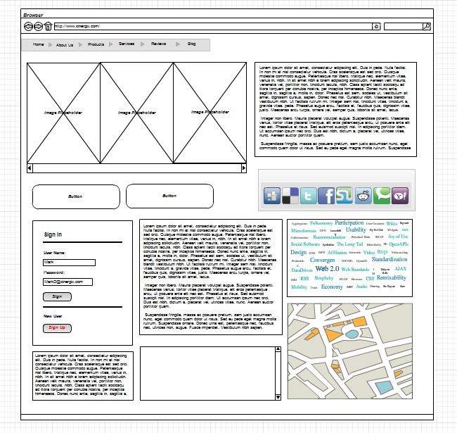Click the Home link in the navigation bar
(38, 44)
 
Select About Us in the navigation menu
(65, 44)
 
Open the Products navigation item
(96, 44)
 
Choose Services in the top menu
(127, 44)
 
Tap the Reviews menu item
(158, 44)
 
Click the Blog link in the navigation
(192, 44)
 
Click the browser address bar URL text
(77, 27)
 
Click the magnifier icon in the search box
(426, 27)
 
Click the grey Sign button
(57, 297)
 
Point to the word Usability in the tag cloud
(356, 230)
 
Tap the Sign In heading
(53, 234)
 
